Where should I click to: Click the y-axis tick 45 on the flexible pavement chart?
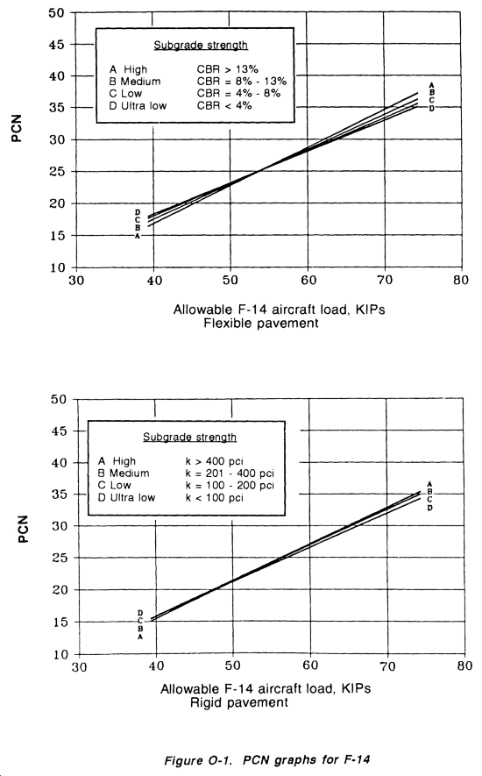(56, 45)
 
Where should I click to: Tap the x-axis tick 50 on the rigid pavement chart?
(232, 666)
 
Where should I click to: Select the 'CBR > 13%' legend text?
(228, 69)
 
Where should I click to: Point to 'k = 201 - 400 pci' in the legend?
(230, 473)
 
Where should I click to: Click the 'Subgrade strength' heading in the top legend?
(201, 45)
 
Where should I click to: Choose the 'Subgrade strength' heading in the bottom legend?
(189, 437)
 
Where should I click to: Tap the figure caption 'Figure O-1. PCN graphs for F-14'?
(266, 759)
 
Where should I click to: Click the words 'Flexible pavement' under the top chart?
(261, 324)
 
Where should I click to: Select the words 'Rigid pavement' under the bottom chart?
(239, 702)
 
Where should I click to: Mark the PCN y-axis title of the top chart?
(17, 129)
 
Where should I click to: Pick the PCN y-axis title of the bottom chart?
(23, 529)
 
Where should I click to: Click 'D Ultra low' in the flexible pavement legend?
(138, 106)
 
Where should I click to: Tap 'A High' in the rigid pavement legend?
(117, 461)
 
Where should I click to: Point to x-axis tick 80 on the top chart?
(461, 280)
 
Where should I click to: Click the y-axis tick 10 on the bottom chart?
(60, 655)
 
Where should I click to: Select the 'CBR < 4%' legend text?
(224, 105)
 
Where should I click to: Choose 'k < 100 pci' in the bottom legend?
(215, 498)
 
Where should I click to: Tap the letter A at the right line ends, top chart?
(431, 85)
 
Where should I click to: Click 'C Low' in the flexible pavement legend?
(125, 94)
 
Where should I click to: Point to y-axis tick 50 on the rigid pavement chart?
(59, 399)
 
